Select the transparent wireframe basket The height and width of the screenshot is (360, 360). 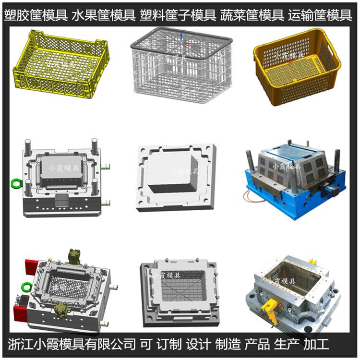(181, 65)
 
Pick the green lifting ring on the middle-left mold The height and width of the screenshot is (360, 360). (16, 184)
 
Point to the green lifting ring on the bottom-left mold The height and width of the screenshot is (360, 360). (27, 287)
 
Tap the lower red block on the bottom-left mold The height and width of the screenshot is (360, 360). (20, 313)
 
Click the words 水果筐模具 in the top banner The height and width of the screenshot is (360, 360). (104, 15)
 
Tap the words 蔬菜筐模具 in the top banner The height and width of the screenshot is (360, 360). (252, 15)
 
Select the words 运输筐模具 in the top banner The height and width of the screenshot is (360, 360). (320, 15)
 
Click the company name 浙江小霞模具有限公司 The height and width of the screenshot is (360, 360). (72, 344)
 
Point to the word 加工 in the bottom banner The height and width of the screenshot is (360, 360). (316, 344)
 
